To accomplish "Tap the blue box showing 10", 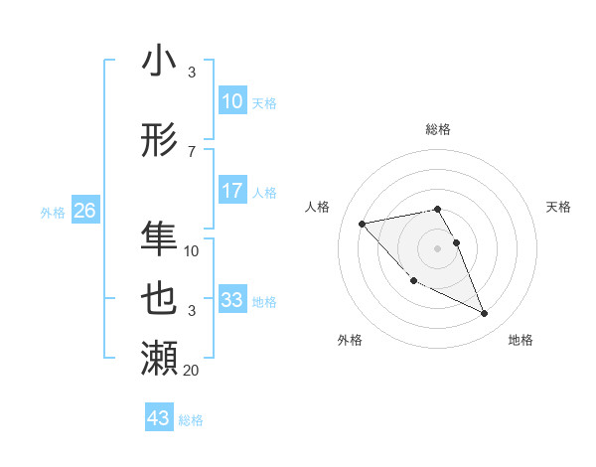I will [231, 101].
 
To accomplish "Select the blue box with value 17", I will [231, 191].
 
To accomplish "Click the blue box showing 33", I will [231, 300].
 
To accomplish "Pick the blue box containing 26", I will [84, 211].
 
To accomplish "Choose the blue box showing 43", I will [158, 418].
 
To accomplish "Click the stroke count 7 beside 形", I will [192, 151].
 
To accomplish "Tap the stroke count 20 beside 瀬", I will [192, 370].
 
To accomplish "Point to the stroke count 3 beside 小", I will [192, 73].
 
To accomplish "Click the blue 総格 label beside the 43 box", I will [191, 420].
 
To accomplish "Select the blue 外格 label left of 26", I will [53, 212].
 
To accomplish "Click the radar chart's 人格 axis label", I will [318, 207].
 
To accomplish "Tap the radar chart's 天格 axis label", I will [558, 207].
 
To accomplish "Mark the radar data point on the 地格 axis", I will [484, 314].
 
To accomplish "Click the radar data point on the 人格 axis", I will [363, 223].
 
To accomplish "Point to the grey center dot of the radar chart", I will [437, 247].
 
